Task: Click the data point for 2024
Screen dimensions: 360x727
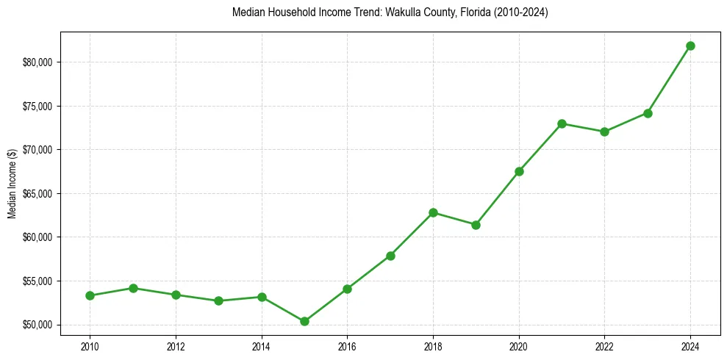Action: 690,46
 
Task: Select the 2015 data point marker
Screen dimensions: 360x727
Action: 304,321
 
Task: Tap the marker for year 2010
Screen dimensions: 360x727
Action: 90,295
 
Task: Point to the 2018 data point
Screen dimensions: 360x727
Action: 433,212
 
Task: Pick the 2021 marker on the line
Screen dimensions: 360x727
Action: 562,123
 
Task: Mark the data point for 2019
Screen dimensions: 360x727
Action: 476,225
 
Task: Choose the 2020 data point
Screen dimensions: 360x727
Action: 519,171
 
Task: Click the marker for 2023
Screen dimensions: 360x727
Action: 648,113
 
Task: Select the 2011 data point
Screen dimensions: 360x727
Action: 133,288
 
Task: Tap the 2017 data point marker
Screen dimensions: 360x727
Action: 390,256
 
